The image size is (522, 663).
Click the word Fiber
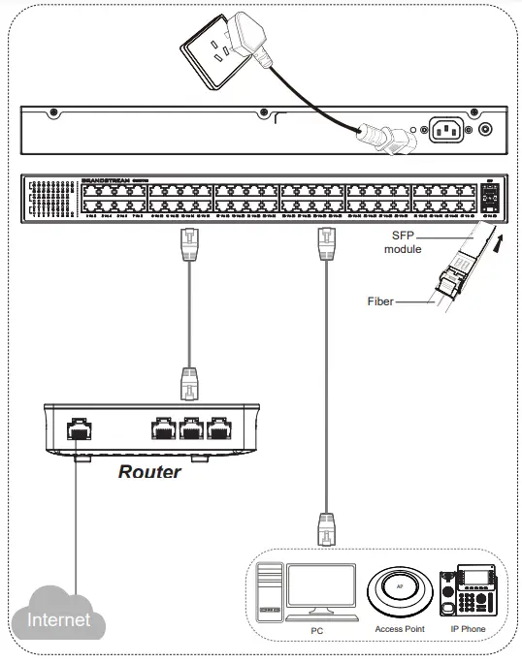[380, 301]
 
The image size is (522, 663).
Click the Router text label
[149, 472]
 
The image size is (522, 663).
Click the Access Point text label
[400, 629]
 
